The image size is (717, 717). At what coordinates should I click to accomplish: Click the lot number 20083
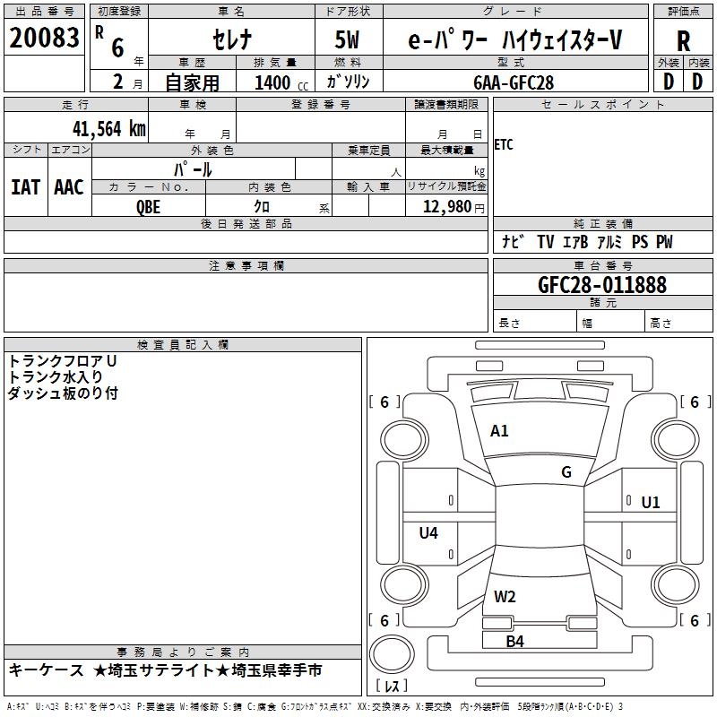[x=44, y=38]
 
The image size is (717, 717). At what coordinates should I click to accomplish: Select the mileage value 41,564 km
[x=109, y=129]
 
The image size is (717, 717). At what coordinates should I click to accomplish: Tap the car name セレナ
[x=232, y=39]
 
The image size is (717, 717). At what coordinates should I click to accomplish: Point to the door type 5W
[x=347, y=39]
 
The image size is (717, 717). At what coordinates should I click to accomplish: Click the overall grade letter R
[x=683, y=41]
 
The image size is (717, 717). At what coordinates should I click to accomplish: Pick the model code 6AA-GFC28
[x=514, y=82]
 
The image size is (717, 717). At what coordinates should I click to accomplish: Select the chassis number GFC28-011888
[x=602, y=285]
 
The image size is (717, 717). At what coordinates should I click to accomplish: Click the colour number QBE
[x=148, y=207]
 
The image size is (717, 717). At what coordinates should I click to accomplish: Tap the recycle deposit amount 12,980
[x=446, y=207]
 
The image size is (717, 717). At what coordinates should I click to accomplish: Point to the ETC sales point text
[x=504, y=145]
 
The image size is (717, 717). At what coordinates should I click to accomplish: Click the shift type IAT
[x=26, y=187]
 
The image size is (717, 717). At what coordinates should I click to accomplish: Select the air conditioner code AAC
[x=69, y=187]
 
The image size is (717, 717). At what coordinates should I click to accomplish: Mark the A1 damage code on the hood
[x=499, y=431]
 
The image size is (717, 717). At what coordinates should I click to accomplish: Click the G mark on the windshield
[x=566, y=472]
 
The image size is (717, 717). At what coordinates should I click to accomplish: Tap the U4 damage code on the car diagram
[x=428, y=532]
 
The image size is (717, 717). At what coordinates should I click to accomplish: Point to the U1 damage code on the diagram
[x=651, y=503]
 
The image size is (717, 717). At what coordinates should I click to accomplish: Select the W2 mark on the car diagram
[x=505, y=597]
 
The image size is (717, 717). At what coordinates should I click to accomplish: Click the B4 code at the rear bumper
[x=514, y=642]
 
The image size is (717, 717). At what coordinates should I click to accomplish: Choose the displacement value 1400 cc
[x=281, y=82]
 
